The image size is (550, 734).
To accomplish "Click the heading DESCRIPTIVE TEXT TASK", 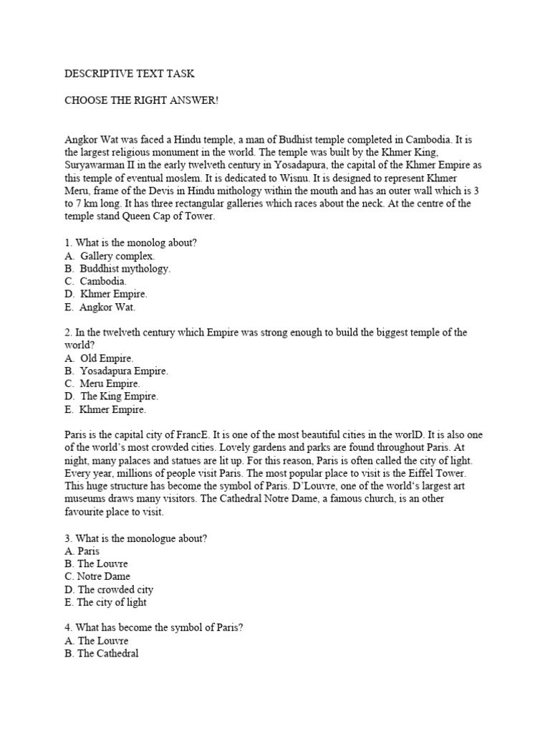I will point(130,74).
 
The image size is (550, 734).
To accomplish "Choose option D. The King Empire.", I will point(111,396).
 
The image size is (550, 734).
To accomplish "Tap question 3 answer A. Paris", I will point(82,551).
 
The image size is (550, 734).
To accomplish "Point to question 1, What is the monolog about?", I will point(130,243).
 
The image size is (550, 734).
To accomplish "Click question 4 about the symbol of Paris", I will point(153,628).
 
